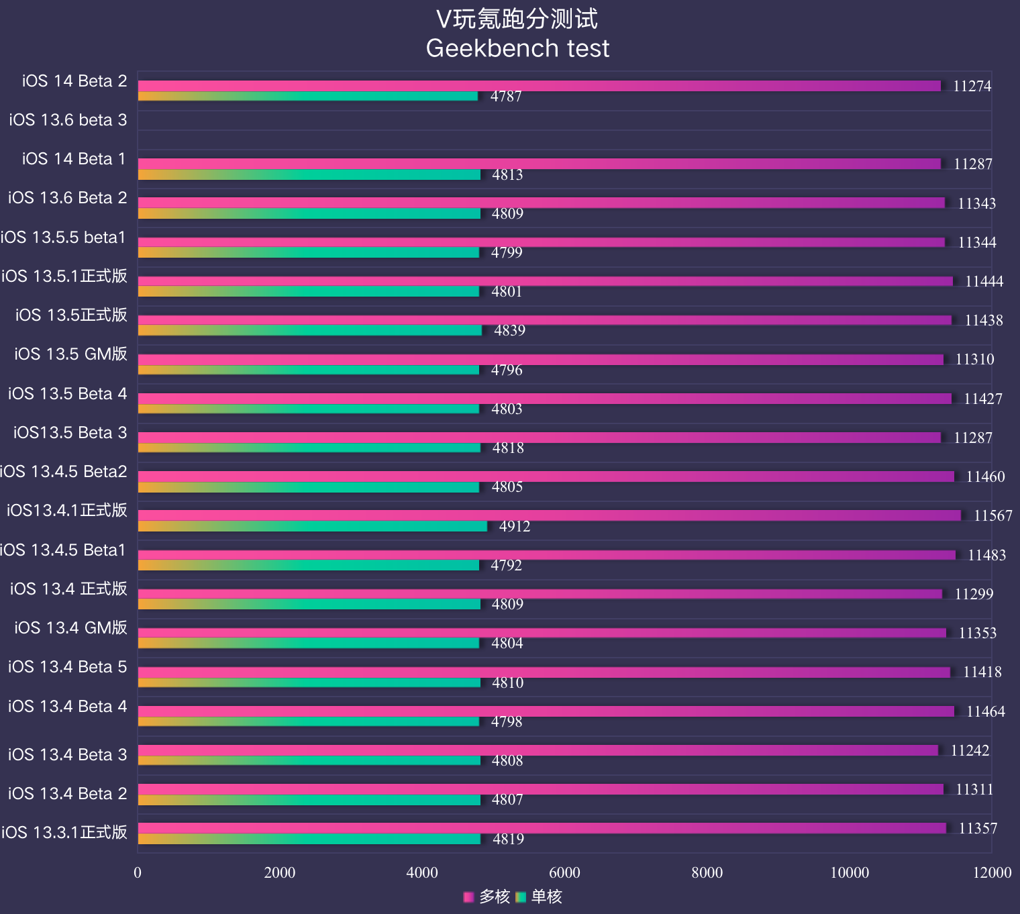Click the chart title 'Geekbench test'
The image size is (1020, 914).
517,48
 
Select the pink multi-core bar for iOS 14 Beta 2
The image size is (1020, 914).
539,86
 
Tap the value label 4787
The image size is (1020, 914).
506,97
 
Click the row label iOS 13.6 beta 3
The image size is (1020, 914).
68,120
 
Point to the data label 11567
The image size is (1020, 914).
992,516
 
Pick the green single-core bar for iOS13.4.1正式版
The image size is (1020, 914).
312,527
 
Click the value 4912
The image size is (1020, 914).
515,527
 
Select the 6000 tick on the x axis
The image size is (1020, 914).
564,872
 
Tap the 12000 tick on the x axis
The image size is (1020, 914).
992,872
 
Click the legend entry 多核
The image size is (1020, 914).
487,897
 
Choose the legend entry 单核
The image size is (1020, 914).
539,897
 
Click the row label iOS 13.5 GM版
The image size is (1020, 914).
70,354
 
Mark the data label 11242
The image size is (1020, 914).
970,751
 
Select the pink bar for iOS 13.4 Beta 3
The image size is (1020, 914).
538,750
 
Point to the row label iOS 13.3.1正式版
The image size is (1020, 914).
64,833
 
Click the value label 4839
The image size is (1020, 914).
509,331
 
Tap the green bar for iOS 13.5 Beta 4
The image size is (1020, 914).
309,409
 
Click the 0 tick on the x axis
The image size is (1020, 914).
138,872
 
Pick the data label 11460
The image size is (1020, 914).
985,477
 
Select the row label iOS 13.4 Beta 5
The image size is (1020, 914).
67,667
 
